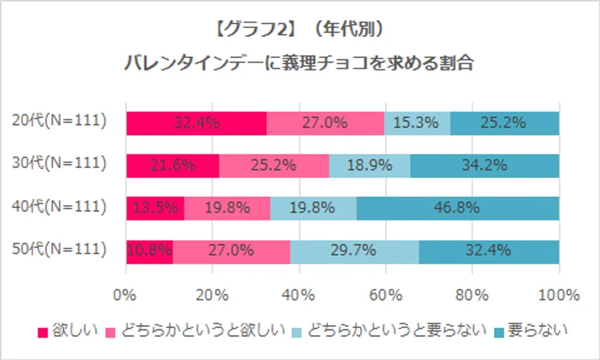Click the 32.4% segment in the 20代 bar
click(196, 123)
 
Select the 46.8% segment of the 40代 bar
click(458, 208)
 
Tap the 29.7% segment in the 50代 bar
click(354, 251)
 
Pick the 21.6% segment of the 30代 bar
click(173, 165)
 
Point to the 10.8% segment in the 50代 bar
click(149, 251)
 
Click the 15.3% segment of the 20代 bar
click(417, 123)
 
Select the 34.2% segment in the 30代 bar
click(485, 165)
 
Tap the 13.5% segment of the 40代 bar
click(155, 208)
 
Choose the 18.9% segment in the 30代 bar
click(370, 165)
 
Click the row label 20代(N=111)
click(60, 121)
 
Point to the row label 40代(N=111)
click(60, 206)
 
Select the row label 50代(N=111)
click(60, 249)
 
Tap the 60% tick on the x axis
click(386, 294)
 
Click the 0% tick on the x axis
click(126, 294)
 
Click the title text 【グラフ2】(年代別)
click(300, 31)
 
